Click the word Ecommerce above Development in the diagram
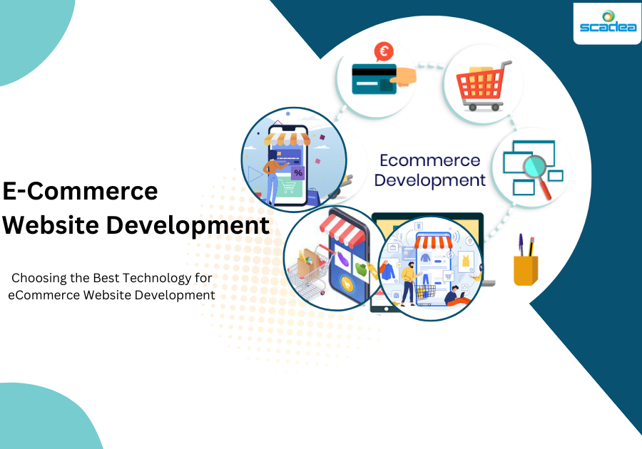(429, 160)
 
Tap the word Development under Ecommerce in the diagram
(429, 180)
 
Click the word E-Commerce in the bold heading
(80, 191)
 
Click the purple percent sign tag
(297, 173)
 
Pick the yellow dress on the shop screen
(465, 260)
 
